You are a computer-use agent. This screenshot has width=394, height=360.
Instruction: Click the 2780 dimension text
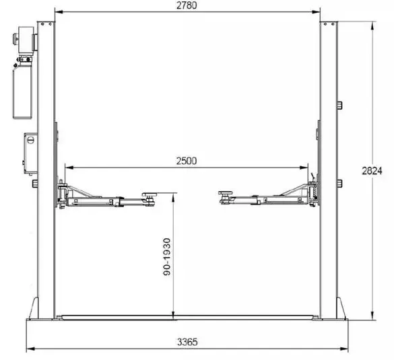187,5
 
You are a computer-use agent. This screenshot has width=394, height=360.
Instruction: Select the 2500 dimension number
187,161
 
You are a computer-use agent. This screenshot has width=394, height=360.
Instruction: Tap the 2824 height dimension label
372,171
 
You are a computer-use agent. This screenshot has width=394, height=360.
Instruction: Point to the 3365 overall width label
187,342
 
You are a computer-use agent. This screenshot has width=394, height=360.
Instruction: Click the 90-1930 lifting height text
167,257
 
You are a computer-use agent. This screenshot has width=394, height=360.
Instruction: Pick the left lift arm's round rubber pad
150,194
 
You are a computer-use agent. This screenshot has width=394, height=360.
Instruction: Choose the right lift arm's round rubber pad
226,193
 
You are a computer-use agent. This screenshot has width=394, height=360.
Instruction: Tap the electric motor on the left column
26,40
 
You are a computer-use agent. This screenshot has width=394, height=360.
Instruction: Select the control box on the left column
31,153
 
